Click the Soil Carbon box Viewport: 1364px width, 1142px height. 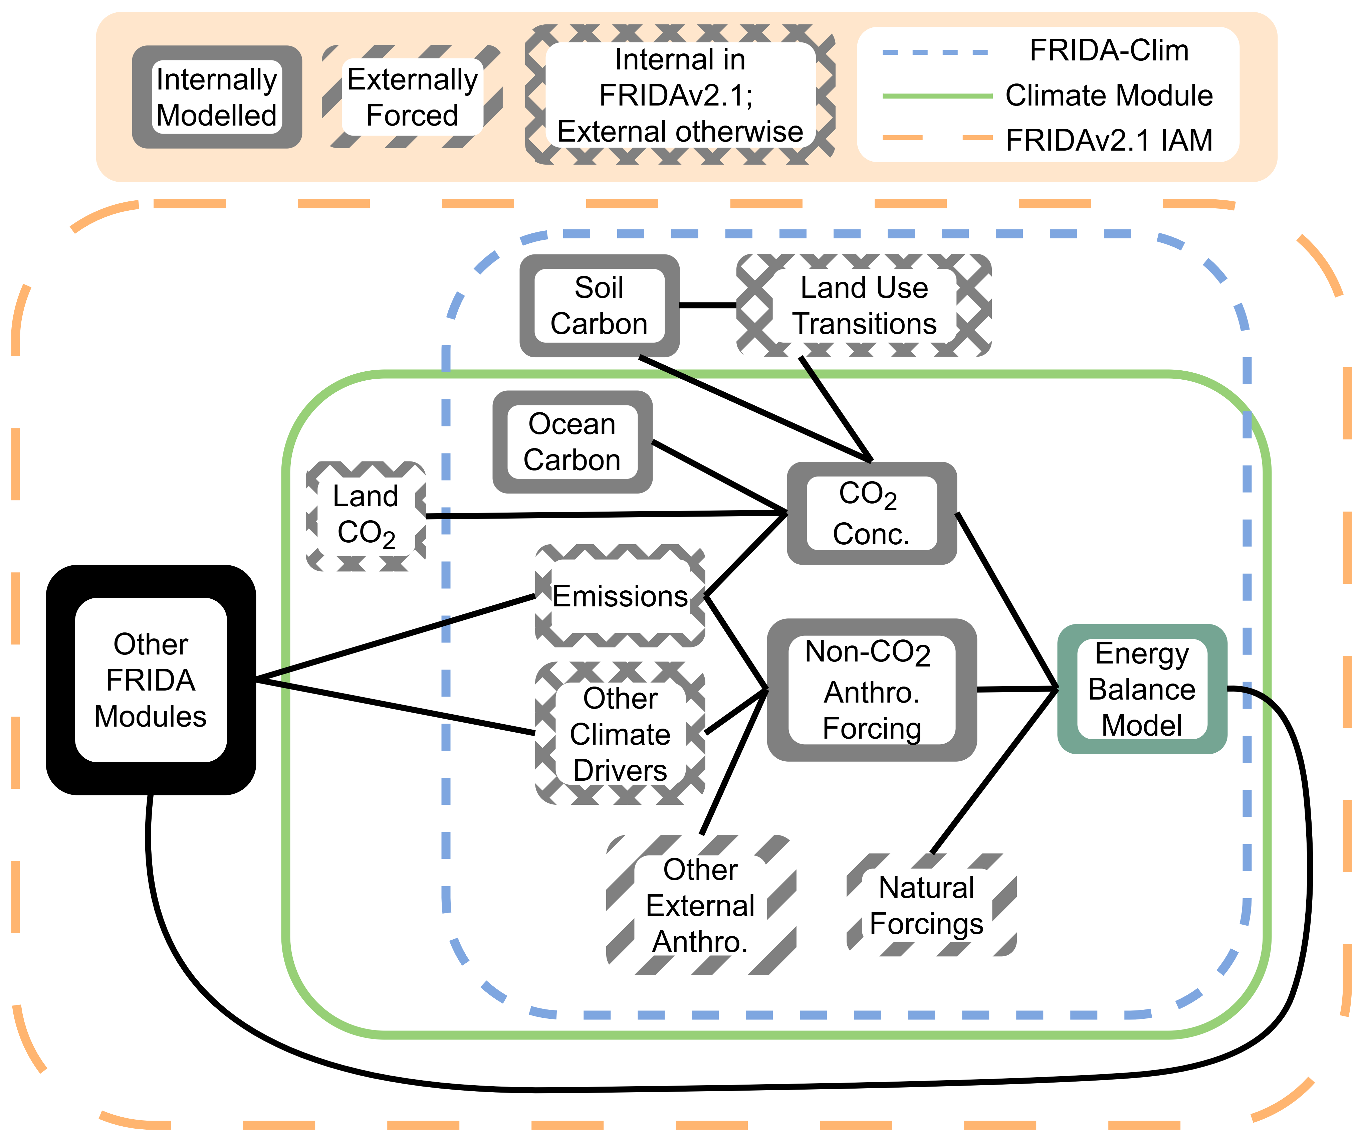(599, 305)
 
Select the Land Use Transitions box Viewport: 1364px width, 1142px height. (864, 305)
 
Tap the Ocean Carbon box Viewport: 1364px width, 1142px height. (572, 442)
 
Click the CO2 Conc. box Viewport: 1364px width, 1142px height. (871, 513)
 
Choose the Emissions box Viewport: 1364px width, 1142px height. (620, 596)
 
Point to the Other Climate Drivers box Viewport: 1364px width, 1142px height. (620, 734)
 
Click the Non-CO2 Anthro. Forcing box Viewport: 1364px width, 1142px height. (871, 690)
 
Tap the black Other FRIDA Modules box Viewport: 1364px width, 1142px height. (151, 680)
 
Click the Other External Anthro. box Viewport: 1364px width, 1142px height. (700, 905)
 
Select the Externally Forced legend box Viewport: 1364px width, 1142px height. (412, 97)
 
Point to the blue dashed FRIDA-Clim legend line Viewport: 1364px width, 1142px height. (935, 52)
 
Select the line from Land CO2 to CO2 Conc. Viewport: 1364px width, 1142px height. (604, 515)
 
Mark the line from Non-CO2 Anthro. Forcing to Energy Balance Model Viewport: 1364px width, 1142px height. (1016, 689)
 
